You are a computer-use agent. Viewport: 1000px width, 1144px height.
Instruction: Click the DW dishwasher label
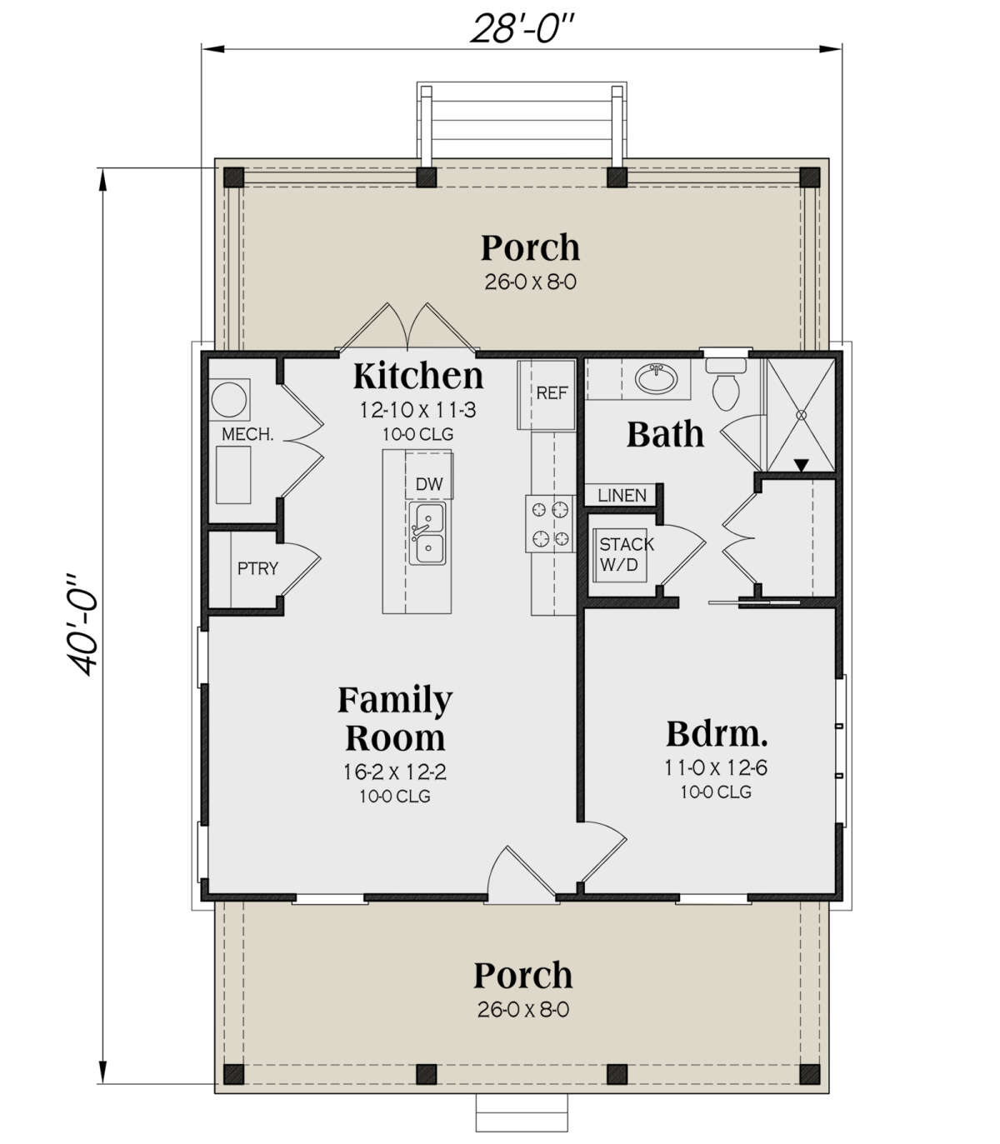429,484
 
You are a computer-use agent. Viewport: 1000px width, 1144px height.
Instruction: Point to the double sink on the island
427,533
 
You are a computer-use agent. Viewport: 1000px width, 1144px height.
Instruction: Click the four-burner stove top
549,523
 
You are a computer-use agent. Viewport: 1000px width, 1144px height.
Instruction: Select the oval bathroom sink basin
656,378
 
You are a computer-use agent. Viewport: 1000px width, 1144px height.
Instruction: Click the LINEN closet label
622,495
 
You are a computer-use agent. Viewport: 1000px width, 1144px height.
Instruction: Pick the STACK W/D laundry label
626,554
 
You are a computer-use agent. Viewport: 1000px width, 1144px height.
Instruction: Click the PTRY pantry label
257,568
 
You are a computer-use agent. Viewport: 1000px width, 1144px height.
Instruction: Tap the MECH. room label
247,434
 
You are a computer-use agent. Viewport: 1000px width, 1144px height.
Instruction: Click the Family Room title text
395,718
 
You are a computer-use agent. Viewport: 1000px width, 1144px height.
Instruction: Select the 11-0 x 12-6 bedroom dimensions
715,767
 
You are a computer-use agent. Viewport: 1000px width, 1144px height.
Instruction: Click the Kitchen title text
418,376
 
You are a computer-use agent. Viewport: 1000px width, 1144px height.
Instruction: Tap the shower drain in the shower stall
802,414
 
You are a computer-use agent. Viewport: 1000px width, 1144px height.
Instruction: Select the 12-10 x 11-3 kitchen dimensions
418,410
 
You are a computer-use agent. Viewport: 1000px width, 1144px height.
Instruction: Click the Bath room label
665,434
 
